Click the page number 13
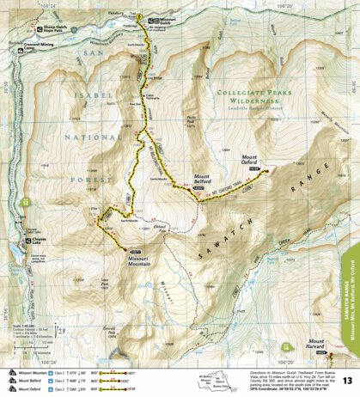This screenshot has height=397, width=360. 347,381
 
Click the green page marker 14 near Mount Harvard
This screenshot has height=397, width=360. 285,346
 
